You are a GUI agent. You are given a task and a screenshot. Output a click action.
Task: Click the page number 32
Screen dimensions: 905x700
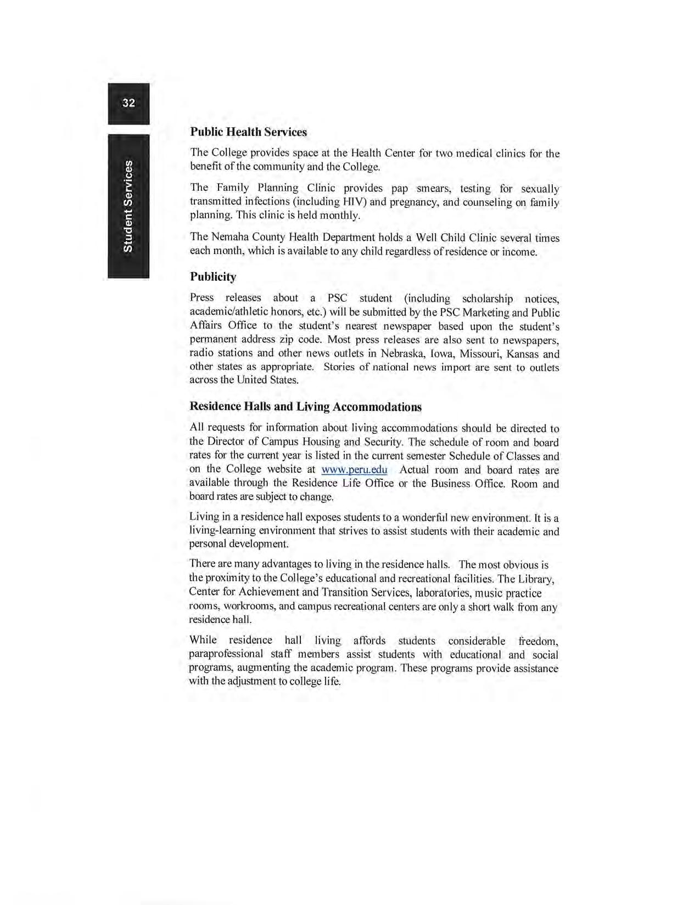tap(128, 103)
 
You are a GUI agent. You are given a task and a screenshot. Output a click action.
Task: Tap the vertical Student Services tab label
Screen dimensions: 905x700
tap(128, 206)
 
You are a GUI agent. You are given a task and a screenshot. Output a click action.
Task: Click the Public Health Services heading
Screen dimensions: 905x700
tap(248, 132)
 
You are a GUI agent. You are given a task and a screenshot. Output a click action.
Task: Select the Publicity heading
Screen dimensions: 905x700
tap(213, 276)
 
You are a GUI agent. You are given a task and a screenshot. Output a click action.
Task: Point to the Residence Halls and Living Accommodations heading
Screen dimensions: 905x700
tap(305, 406)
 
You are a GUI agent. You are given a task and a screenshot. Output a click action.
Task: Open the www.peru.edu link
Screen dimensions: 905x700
tap(354, 470)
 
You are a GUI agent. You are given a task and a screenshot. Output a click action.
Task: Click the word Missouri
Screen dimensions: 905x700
tap(480, 354)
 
